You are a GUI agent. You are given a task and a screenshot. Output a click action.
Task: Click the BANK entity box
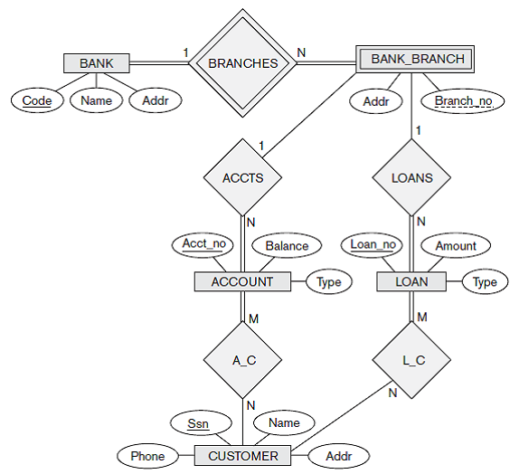97,63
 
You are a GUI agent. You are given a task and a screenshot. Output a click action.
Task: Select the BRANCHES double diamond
242,63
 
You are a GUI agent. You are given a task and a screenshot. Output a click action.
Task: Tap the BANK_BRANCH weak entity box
418,60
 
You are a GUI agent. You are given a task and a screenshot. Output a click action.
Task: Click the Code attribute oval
37,100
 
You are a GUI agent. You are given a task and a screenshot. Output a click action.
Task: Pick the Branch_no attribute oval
463,101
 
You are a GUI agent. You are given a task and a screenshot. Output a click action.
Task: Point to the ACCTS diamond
242,177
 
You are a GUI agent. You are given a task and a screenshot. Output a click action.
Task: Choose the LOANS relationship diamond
411,177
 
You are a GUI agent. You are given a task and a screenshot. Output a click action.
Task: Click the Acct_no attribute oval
202,244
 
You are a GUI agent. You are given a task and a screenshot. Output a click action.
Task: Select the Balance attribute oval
286,245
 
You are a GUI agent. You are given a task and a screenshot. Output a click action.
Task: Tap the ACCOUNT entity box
241,281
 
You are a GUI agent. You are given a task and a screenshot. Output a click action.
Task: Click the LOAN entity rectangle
411,282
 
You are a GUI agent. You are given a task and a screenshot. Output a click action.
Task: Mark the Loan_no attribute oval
373,244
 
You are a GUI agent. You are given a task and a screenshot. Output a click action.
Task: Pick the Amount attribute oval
456,245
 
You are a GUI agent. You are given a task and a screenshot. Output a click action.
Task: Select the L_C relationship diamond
413,360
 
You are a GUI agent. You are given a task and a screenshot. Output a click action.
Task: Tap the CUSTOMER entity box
243,455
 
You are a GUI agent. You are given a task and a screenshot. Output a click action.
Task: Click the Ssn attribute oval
197,422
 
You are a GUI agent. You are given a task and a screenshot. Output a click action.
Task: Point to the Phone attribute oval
147,456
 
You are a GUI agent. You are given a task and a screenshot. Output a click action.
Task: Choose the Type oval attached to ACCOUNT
329,282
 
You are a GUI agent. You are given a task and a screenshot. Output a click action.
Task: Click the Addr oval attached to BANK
155,100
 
